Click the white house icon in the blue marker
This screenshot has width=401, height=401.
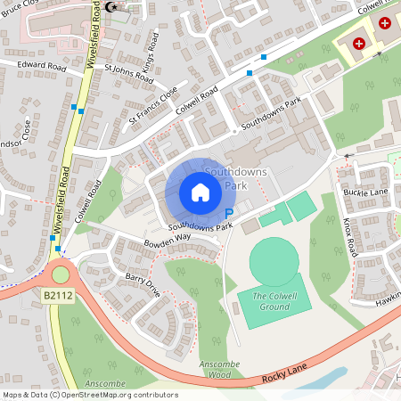tap(200, 192)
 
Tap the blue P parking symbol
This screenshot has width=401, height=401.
tap(229, 214)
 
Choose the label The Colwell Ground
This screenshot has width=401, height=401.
tap(271, 301)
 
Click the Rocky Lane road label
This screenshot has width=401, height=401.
tap(285, 379)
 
